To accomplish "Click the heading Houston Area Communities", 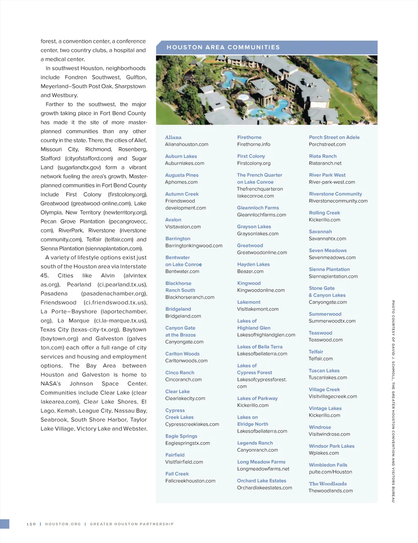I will [223, 47].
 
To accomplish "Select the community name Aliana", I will [173, 137].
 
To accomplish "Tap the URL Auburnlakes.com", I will [185, 163].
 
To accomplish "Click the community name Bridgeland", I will [178, 309].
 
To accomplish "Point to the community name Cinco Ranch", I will [180, 373].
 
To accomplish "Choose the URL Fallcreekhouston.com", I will [190, 481].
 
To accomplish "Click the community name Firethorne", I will [249, 137].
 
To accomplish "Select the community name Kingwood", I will [249, 283].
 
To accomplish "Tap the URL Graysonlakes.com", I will [258, 234].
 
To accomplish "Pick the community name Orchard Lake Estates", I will [261, 481].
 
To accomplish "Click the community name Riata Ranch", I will [322, 156].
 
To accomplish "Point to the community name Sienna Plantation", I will [329, 269].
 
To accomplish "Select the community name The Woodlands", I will [328, 484].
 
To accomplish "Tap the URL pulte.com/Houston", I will [330, 472].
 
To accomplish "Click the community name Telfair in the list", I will [316, 352].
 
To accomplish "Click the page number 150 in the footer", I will [31, 524].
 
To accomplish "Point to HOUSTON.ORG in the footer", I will [63, 524].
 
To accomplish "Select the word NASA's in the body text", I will [51, 384].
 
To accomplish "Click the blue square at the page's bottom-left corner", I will [4, 524].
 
